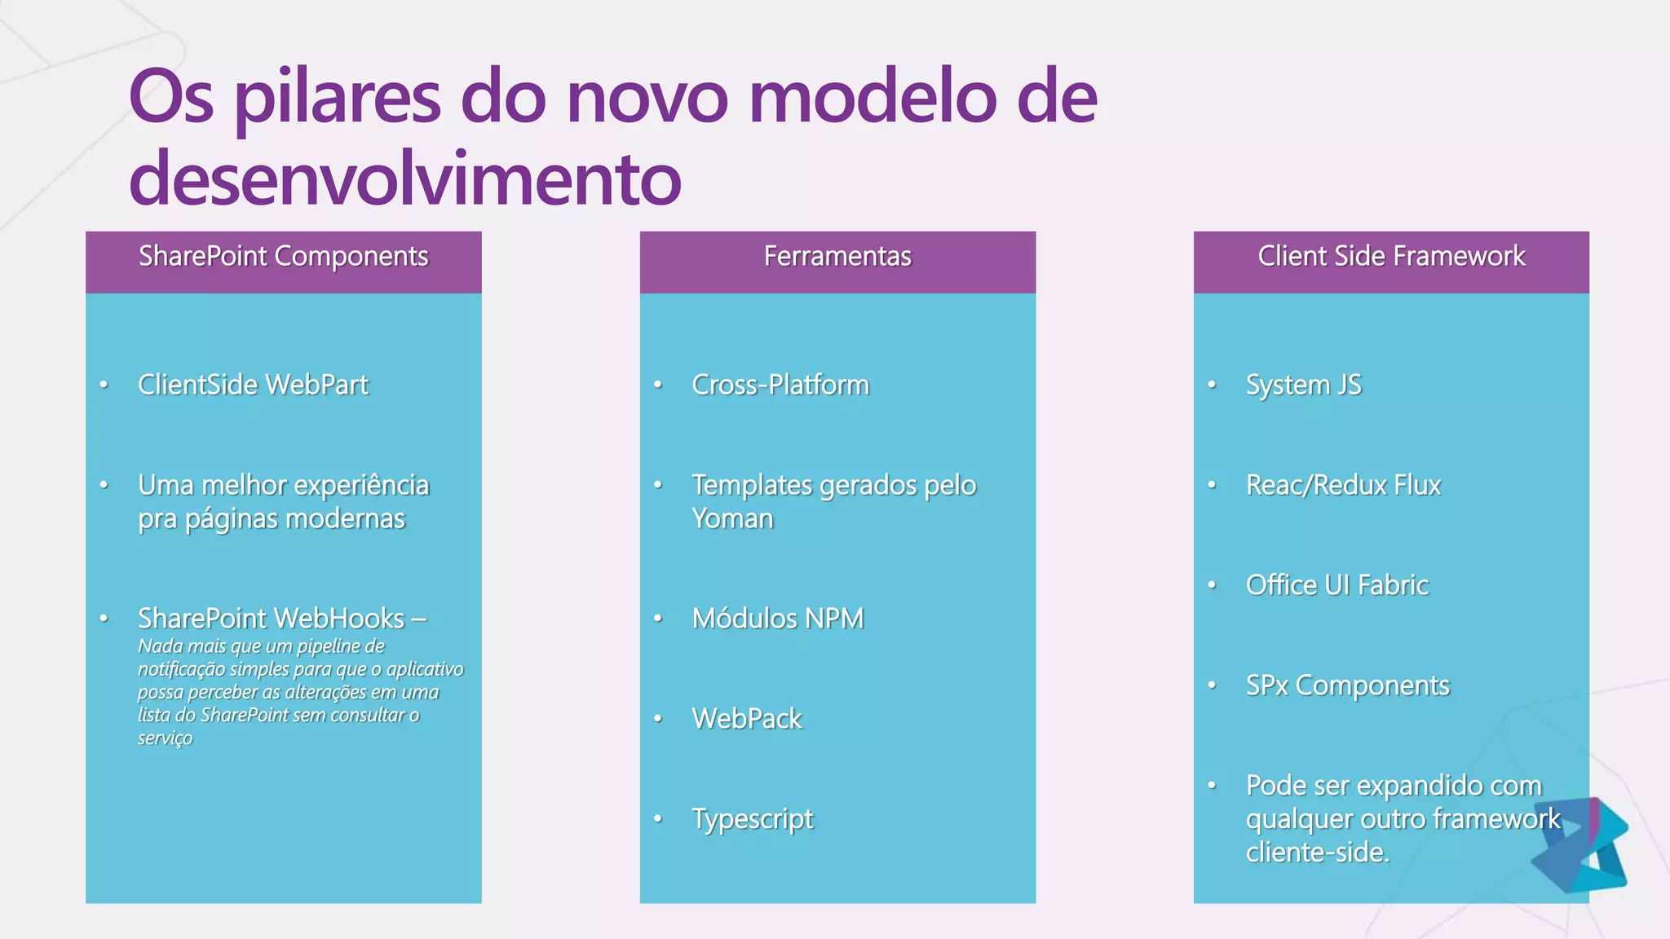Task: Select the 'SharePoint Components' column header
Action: coord(283,257)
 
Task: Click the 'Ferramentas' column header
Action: coord(837,257)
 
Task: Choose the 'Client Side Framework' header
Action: coord(1391,257)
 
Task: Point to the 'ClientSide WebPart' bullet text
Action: coord(253,385)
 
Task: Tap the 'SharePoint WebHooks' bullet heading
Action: coord(271,619)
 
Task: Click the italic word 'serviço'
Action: coord(165,738)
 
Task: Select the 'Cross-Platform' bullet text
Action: coord(780,385)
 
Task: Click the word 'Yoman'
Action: coord(732,519)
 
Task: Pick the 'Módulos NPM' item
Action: coord(778,619)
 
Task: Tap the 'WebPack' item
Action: coord(747,719)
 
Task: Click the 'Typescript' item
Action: coord(753,819)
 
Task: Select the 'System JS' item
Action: coord(1303,385)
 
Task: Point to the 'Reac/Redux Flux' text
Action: coord(1343,486)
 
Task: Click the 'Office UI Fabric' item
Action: coord(1337,585)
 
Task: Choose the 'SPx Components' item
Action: coord(1347,686)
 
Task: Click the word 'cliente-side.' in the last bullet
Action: coord(1317,853)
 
